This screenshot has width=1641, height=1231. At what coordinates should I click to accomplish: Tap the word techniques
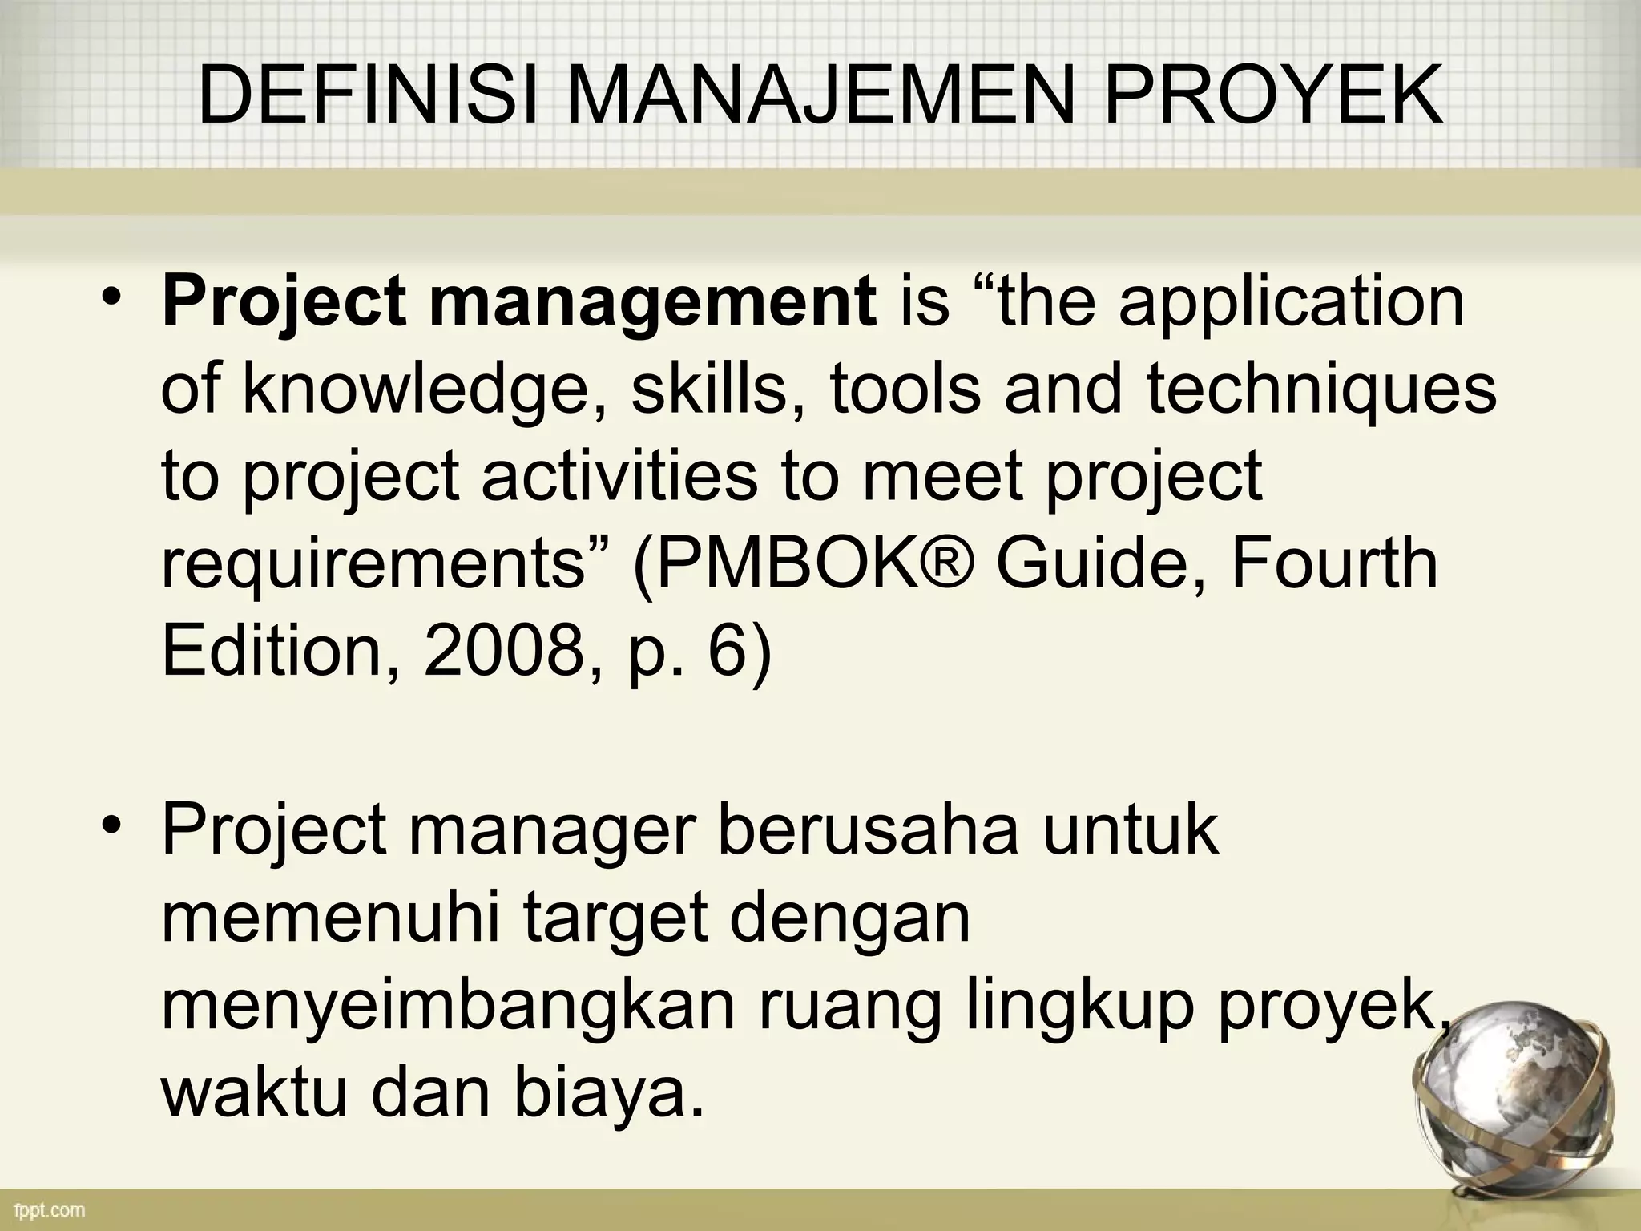click(x=1320, y=389)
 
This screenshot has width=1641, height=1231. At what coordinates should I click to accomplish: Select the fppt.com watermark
click(x=50, y=1209)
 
